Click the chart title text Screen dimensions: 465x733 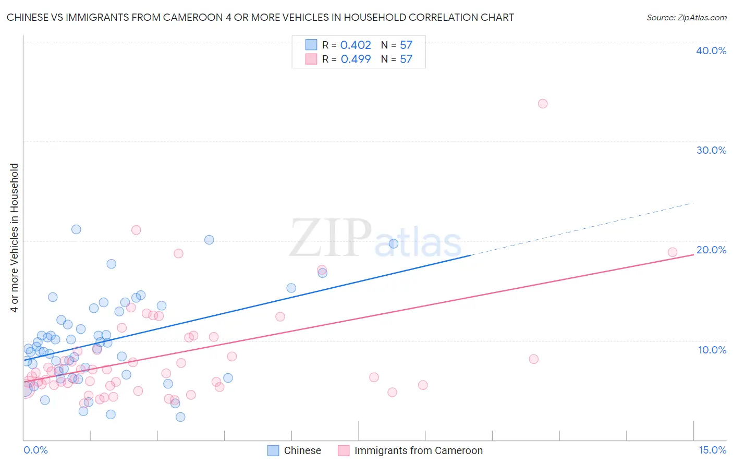click(260, 17)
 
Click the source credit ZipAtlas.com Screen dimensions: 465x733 click(686, 17)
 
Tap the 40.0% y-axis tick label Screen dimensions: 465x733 click(711, 51)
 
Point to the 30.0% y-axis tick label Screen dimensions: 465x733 click(711, 150)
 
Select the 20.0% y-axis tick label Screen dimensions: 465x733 click(711, 250)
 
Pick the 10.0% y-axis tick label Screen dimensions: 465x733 click(712, 350)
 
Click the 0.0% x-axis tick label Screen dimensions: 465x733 click(35, 450)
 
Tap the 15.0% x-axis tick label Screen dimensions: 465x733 click(712, 450)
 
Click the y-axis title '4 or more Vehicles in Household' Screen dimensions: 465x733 click(14, 238)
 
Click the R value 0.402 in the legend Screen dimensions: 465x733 click(356, 45)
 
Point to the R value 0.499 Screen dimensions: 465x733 click(356, 59)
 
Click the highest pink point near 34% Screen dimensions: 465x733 click(543, 104)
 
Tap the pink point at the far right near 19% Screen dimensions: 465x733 click(673, 252)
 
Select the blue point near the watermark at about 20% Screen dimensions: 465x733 click(394, 243)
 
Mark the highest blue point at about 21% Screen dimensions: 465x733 click(76, 229)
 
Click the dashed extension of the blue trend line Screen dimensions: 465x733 click(584, 228)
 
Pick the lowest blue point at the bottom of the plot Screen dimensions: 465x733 click(180, 417)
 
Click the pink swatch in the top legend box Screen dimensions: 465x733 click(311, 59)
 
